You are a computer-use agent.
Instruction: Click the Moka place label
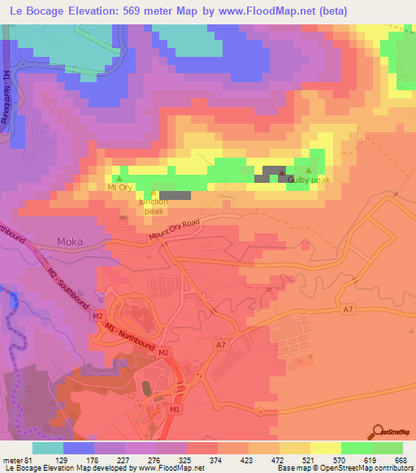pos(71,241)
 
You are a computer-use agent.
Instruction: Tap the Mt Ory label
pos(120,188)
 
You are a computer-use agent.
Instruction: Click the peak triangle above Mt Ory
pos(120,178)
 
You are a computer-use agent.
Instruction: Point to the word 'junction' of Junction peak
pos(154,201)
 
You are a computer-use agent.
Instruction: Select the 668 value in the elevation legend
pos(401,460)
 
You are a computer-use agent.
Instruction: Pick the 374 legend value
pos(215,460)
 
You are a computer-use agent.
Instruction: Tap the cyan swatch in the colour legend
pos(48,448)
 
